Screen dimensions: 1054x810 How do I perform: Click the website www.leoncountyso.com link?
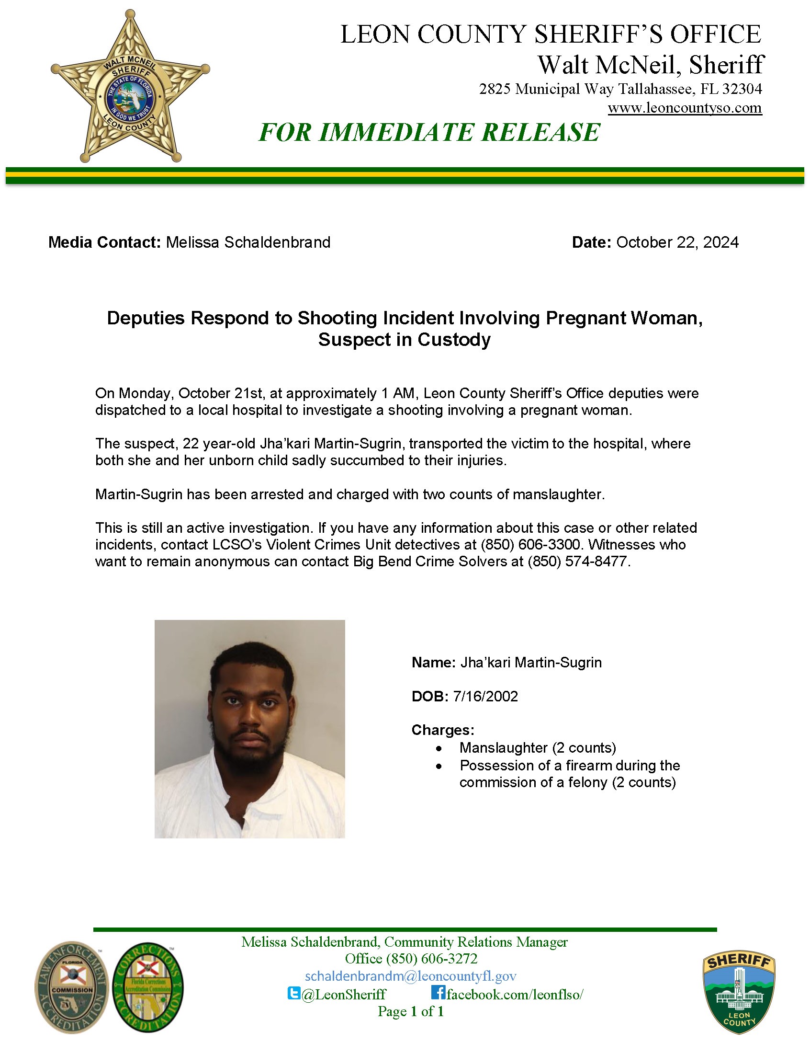pos(685,108)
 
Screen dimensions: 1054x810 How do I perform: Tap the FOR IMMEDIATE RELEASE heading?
pos(429,133)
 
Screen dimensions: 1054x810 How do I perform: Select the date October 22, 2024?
pos(677,242)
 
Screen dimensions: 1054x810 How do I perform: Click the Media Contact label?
pos(104,242)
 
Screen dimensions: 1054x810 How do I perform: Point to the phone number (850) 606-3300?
pos(529,545)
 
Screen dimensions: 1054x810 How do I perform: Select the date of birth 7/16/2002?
pos(485,697)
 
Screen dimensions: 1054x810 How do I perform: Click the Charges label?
pos(443,730)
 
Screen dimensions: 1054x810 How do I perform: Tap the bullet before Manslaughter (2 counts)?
pos(439,748)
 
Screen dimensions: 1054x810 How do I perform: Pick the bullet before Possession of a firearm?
pos(439,766)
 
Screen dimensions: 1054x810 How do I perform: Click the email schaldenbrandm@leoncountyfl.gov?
pos(411,976)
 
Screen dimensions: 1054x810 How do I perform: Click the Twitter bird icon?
pos(293,993)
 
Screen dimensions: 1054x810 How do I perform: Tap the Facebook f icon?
pos(438,993)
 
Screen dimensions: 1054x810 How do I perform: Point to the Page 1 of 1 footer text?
pos(411,1011)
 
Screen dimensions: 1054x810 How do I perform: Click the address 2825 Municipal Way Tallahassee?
pos(620,89)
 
